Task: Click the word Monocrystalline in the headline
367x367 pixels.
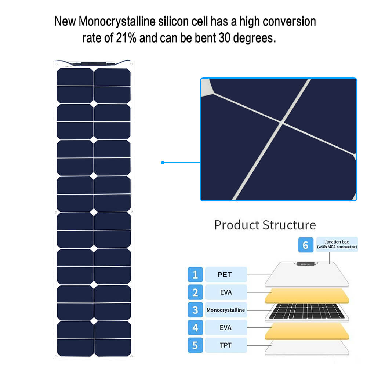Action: pyautogui.click(x=117, y=21)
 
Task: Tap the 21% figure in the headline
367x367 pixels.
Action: pyautogui.click(x=126, y=38)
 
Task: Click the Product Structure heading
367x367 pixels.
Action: pyautogui.click(x=265, y=225)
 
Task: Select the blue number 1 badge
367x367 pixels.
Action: pyautogui.click(x=195, y=274)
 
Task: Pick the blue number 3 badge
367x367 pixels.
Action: pyautogui.click(x=195, y=310)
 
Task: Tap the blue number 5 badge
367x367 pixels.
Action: pyautogui.click(x=195, y=345)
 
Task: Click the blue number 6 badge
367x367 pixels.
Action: pyautogui.click(x=306, y=245)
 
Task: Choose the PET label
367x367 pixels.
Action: pyautogui.click(x=225, y=275)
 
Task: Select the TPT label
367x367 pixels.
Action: pyautogui.click(x=226, y=345)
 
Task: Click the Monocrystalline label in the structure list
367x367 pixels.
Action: pyautogui.click(x=226, y=310)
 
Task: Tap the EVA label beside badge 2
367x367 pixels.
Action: pyautogui.click(x=226, y=292)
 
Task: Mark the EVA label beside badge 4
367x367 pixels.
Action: pyautogui.click(x=226, y=327)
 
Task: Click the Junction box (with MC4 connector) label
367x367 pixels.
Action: pyautogui.click(x=337, y=244)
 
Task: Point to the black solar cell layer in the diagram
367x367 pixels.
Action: pyautogui.click(x=306, y=311)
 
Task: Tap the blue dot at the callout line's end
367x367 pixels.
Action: pyautogui.click(x=163, y=163)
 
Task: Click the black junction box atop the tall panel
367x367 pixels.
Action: pyautogui.click(x=94, y=64)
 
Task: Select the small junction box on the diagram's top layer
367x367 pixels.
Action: pyautogui.click(x=306, y=264)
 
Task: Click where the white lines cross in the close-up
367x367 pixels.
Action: pyautogui.click(x=282, y=123)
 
